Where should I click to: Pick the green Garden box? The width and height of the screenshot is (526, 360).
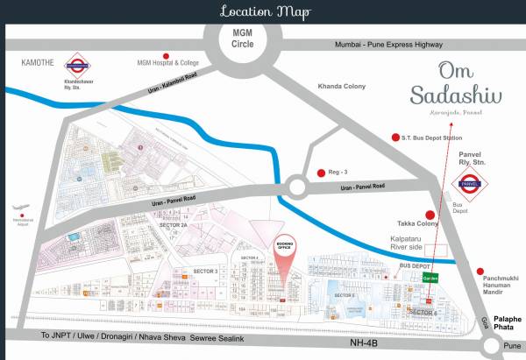tap(430, 277)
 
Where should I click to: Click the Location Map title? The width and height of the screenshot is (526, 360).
tap(262, 11)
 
